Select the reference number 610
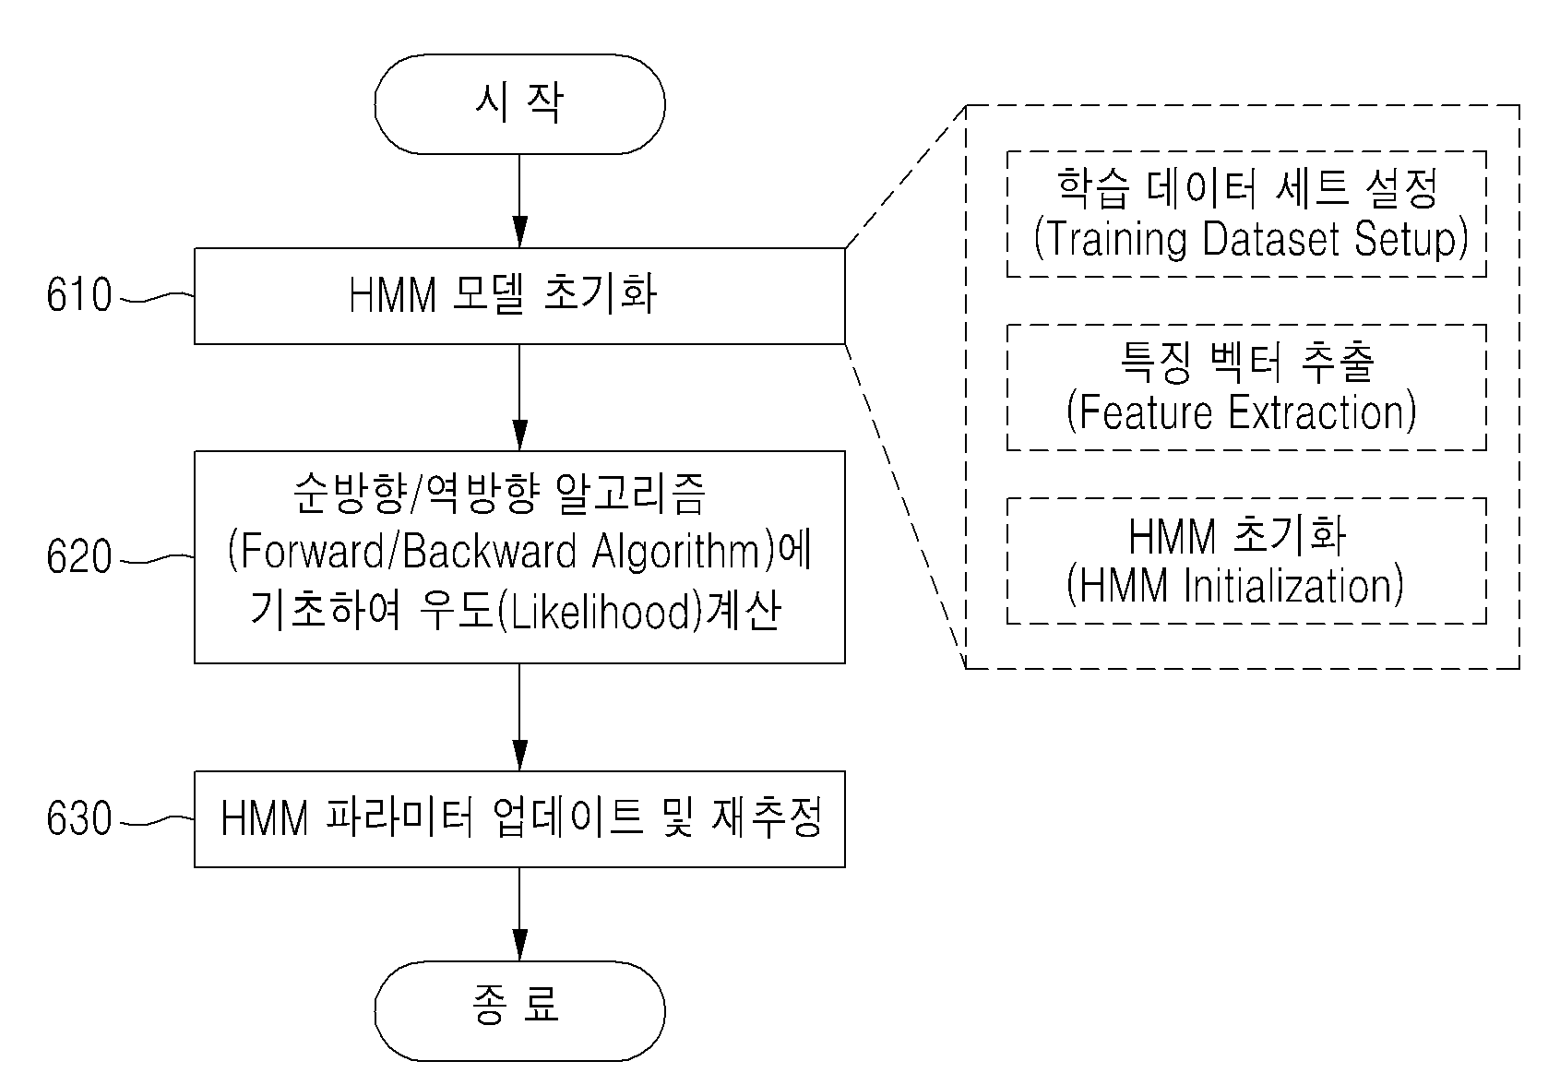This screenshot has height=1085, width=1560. coord(78,294)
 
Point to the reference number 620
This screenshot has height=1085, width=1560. coord(78,556)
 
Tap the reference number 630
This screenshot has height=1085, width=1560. coord(78,818)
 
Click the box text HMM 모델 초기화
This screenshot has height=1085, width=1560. coord(503,294)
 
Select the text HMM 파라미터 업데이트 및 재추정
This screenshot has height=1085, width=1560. coord(521,818)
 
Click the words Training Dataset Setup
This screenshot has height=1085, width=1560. coord(1251,239)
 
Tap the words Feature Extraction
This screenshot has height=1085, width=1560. coord(1242,412)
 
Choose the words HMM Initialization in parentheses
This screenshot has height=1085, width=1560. coord(1234,586)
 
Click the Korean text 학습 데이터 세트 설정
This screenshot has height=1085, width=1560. coord(1247,188)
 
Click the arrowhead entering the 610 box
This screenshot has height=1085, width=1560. coord(519,232)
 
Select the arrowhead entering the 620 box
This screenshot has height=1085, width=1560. coord(519,435)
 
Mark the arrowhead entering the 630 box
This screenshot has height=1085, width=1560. coord(519,755)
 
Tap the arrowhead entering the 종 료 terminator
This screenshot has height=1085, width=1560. coord(519,946)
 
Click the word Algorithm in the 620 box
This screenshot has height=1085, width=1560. coord(676,553)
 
